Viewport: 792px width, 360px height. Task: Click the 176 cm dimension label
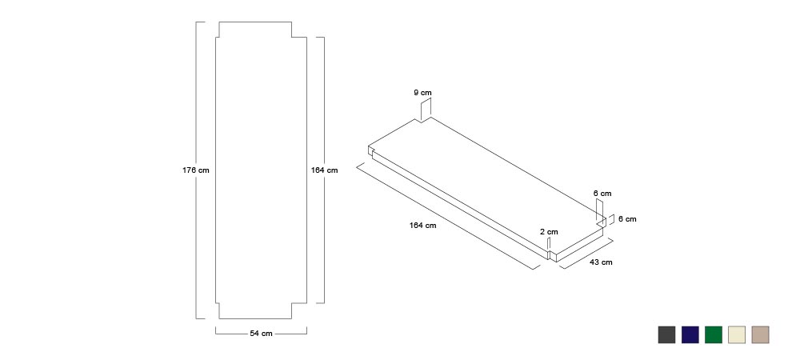(195, 170)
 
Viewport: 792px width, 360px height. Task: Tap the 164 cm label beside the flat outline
(324, 170)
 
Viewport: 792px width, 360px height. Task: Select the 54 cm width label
(261, 334)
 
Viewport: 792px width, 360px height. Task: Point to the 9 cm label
(422, 92)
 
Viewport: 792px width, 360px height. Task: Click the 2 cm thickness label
(549, 232)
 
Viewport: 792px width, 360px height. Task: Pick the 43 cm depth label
(601, 262)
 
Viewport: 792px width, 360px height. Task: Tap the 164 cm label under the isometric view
(422, 225)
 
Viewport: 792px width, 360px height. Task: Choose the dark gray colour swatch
(666, 334)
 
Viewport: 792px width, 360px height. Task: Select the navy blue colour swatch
(690, 334)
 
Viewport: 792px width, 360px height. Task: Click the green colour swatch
(714, 334)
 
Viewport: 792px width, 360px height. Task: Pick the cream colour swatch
(737, 334)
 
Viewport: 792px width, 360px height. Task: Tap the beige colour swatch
(760, 334)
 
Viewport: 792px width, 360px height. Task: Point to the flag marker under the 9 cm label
(426, 110)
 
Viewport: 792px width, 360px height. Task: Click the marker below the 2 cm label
(549, 244)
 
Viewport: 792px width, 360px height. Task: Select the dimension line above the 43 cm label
(586, 253)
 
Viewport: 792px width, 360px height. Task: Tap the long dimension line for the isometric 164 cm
(445, 216)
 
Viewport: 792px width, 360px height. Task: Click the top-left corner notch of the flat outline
(218, 37)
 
